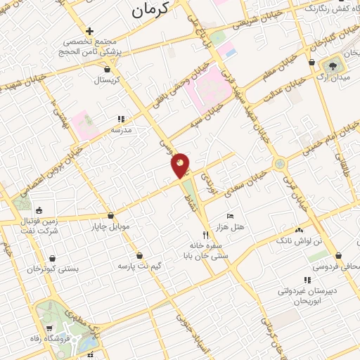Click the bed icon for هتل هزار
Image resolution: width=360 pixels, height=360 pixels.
click(230, 216)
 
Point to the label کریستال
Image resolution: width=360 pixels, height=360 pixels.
click(108, 79)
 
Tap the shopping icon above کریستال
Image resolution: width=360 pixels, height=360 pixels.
click(107, 69)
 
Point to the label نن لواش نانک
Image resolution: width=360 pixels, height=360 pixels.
click(304, 240)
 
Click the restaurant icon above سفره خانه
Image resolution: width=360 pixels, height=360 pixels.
click(206, 234)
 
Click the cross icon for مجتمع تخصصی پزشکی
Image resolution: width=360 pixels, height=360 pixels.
click(89, 31)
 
